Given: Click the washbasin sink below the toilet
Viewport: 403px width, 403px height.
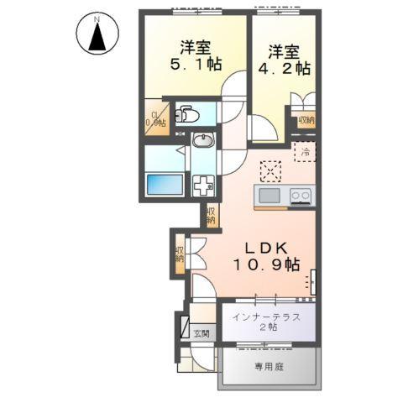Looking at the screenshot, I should click(204, 142).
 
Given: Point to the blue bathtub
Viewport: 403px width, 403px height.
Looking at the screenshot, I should click(165, 184).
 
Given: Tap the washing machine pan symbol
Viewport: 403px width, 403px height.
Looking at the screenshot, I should click(204, 185).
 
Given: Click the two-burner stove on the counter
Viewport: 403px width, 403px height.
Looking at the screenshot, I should click(300, 196).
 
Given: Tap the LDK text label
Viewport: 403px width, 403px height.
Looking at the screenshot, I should click(267, 248).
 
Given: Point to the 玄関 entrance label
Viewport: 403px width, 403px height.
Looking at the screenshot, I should click(202, 333).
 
